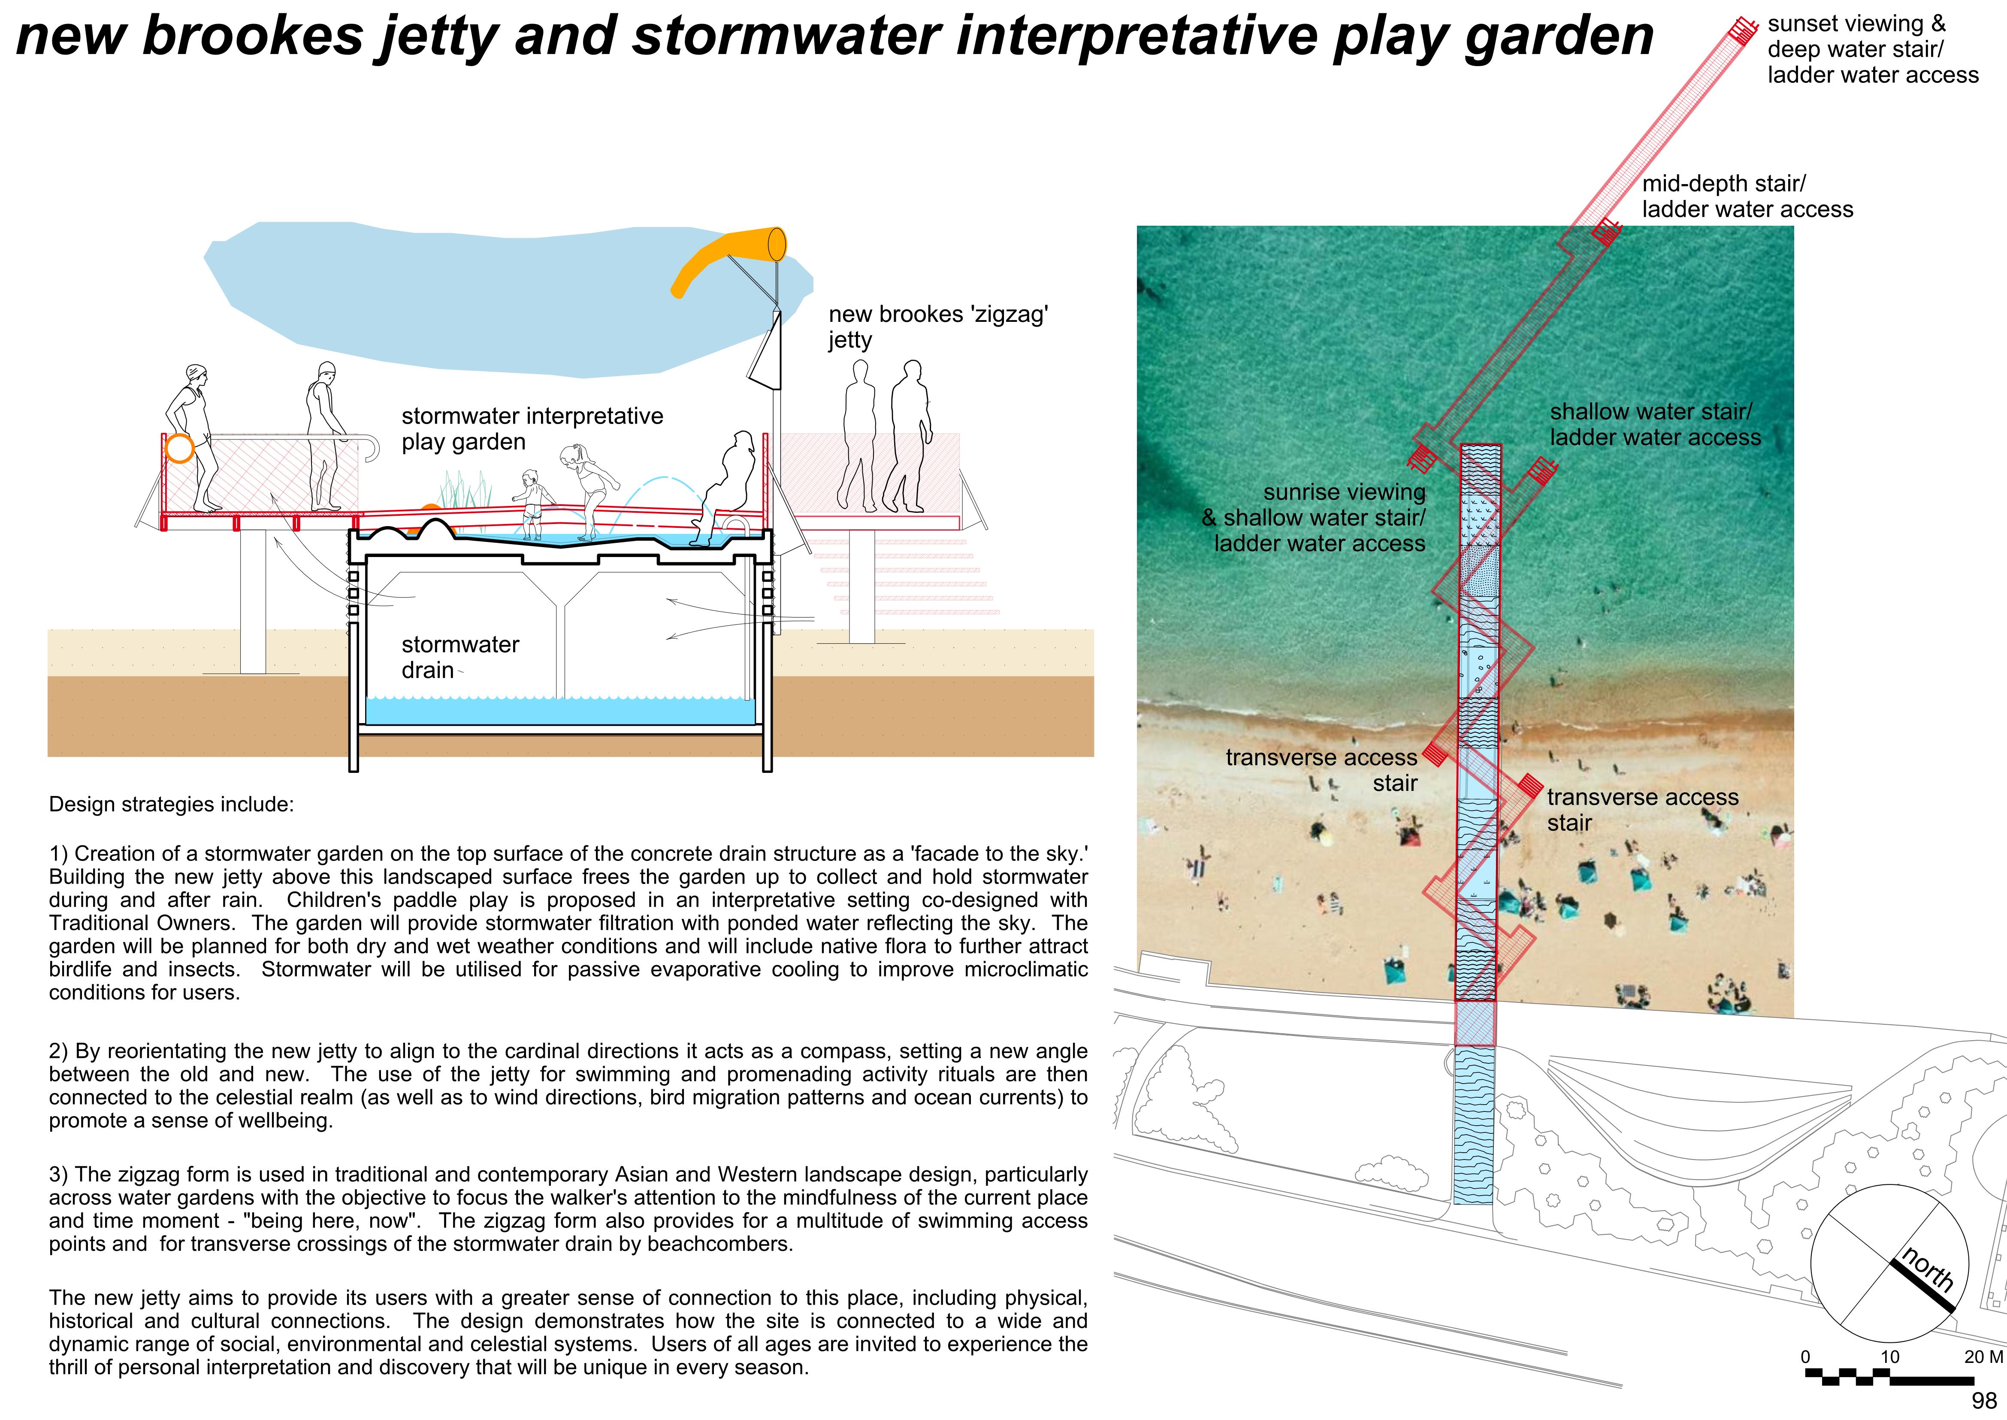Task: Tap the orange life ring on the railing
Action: point(179,448)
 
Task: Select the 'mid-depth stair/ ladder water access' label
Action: point(1747,197)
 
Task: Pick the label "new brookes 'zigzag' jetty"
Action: point(937,326)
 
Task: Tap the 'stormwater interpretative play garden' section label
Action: point(532,428)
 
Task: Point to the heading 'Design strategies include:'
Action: point(171,805)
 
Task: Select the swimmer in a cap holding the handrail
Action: point(322,437)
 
